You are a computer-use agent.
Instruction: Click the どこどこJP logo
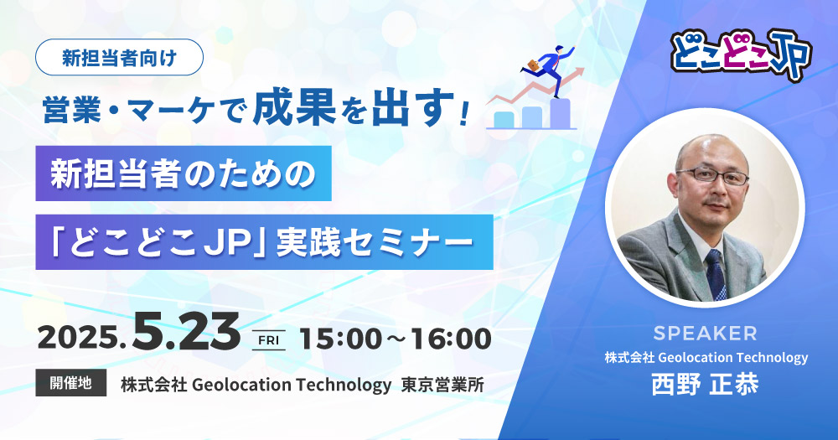(x=742, y=55)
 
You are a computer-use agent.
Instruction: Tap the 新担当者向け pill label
(x=119, y=57)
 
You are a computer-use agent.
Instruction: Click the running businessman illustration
(x=549, y=69)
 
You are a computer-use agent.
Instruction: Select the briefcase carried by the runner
(x=533, y=65)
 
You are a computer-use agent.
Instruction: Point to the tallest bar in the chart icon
(x=560, y=113)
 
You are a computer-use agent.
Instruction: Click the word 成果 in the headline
(x=294, y=109)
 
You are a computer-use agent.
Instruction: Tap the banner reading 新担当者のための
(x=184, y=173)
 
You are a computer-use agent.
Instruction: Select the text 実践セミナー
(x=375, y=243)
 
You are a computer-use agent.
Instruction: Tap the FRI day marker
(x=269, y=340)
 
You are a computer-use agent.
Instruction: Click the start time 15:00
(x=341, y=339)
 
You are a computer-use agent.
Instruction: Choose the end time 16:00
(x=450, y=339)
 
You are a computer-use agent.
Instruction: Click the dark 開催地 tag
(x=70, y=383)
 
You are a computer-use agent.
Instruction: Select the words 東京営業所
(x=442, y=385)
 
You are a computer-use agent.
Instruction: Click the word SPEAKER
(x=705, y=334)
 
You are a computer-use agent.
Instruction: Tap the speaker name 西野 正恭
(x=705, y=383)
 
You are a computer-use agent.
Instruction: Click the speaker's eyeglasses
(x=712, y=175)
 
